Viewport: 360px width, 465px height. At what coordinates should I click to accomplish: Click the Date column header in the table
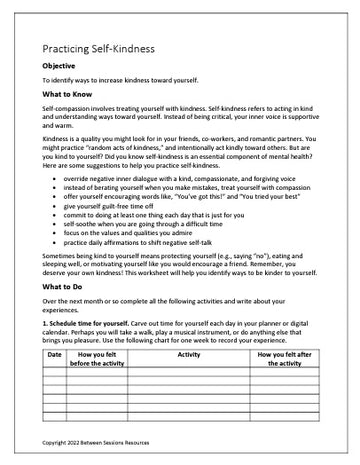(x=54, y=355)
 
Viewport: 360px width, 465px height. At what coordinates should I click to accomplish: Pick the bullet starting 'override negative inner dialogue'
(x=175, y=204)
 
